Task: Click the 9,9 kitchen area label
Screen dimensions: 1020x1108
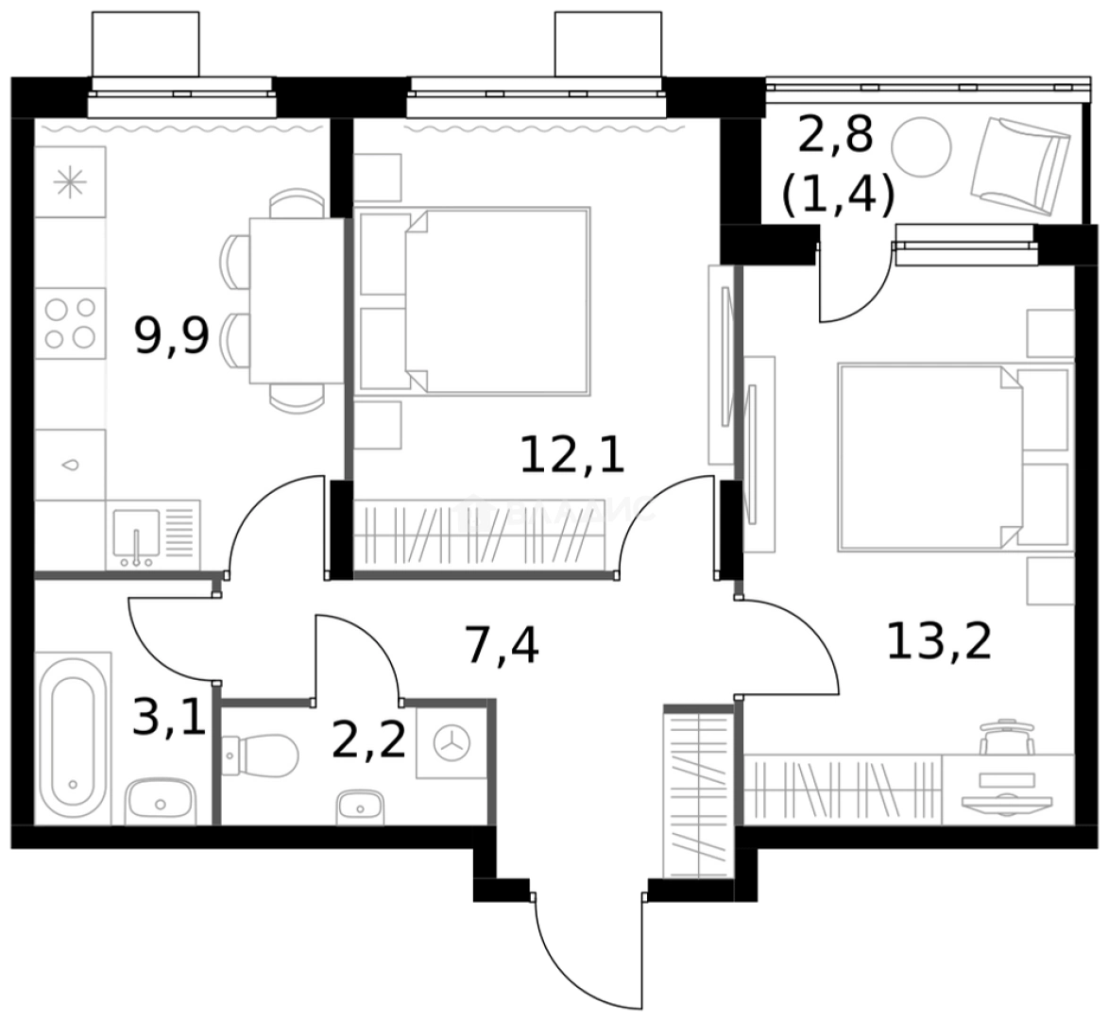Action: [x=171, y=336]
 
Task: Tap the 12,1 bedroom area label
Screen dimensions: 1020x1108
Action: [x=572, y=455]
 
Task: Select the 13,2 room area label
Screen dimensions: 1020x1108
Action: [x=938, y=642]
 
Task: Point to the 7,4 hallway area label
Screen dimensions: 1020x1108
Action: [x=502, y=646]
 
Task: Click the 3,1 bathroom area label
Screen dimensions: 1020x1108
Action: [x=168, y=720]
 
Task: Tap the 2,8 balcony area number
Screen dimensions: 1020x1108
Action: [x=835, y=136]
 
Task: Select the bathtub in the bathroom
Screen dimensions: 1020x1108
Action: [x=73, y=738]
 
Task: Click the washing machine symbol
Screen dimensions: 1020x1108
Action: [x=451, y=742]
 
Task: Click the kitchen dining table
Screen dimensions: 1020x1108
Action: [x=296, y=300]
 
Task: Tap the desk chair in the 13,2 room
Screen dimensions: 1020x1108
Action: [x=1007, y=736]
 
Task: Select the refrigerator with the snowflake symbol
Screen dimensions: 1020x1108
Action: [x=70, y=182]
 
